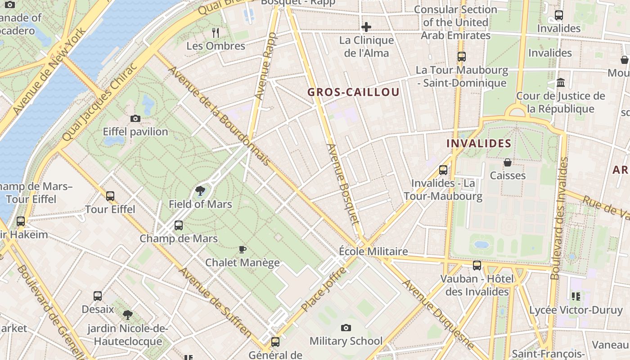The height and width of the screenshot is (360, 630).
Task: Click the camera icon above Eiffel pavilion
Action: (x=135, y=119)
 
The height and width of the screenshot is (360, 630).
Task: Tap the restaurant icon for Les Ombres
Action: (x=216, y=32)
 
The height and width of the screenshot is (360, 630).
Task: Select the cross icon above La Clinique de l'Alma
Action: (x=366, y=27)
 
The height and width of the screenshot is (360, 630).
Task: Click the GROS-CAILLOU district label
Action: (x=353, y=92)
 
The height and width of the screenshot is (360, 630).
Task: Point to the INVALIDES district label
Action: (x=479, y=144)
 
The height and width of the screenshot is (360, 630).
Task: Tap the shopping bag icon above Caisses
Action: (x=508, y=162)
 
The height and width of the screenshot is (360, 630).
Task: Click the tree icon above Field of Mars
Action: (x=200, y=191)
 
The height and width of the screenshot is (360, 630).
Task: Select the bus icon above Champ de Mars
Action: (x=179, y=225)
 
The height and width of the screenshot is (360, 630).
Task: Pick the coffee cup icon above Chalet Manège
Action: (x=243, y=249)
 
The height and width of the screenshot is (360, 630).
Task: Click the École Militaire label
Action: (x=373, y=252)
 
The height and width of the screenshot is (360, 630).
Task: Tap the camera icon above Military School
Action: (x=346, y=328)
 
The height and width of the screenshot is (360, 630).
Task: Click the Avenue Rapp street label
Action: (x=265, y=66)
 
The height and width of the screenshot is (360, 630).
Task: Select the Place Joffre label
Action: (x=324, y=289)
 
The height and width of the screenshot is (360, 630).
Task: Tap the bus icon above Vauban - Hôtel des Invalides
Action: (x=477, y=265)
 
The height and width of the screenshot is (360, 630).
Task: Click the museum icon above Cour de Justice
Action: (x=561, y=83)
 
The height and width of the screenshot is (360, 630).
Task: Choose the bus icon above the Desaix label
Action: (x=98, y=296)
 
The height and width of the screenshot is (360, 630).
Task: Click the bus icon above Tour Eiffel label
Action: (x=110, y=196)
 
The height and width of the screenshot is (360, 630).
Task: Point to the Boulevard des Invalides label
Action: (x=560, y=218)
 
